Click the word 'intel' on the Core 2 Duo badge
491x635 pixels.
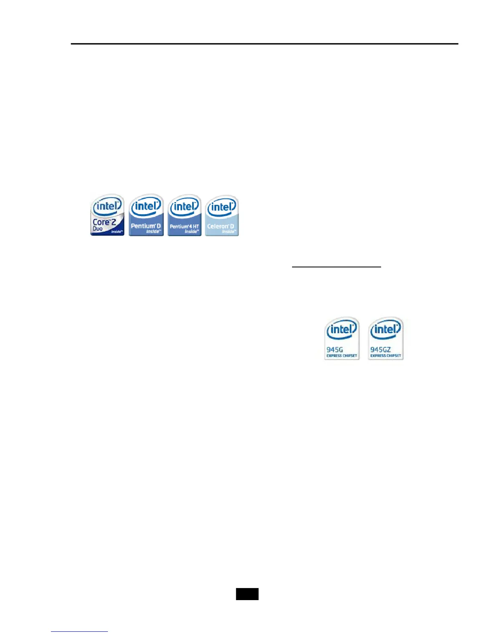point(107,206)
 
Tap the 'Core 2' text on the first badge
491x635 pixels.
point(104,222)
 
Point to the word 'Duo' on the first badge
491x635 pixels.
point(97,229)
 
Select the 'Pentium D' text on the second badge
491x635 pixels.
point(146,226)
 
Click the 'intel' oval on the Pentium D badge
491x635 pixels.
point(146,206)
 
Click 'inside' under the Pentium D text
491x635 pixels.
point(153,232)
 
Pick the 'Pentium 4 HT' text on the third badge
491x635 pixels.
point(184,226)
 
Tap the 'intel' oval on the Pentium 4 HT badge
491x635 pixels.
point(185,206)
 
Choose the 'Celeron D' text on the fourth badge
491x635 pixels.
point(221,226)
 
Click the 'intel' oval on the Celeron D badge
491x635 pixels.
point(221,207)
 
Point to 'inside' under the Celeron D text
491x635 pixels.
point(229,232)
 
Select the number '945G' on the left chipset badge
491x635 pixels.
point(335,350)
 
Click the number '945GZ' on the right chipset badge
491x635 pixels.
point(380,350)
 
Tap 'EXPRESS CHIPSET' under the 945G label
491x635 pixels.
point(342,356)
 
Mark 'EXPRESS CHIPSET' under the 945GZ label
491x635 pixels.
point(385,356)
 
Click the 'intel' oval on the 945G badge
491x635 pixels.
point(342,330)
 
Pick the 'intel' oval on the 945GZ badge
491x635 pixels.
point(385,330)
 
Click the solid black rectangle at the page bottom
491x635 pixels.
point(247,594)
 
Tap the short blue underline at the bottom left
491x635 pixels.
point(79,631)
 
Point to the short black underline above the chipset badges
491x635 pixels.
point(336,266)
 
